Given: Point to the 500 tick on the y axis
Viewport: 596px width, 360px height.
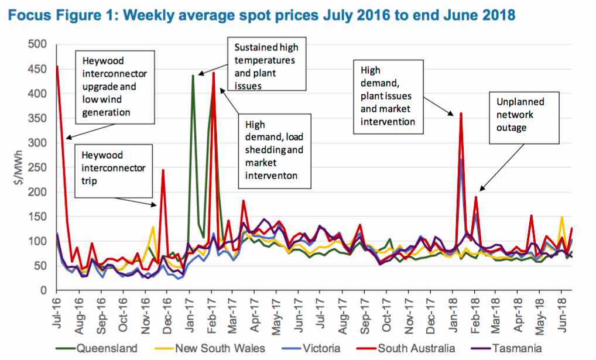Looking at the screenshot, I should [x=39, y=44].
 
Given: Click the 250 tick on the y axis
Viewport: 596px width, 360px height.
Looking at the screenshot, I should [x=39, y=167].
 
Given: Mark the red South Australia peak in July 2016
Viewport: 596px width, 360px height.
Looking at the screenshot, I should [x=57, y=67].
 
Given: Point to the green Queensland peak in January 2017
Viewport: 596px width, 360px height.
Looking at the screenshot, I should [x=193, y=76].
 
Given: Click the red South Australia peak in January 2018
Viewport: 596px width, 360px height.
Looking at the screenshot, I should [x=461, y=113].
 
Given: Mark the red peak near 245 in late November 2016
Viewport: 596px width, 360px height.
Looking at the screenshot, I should [x=163, y=170].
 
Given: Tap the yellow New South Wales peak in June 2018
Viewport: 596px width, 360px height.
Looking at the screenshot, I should [x=562, y=217].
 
